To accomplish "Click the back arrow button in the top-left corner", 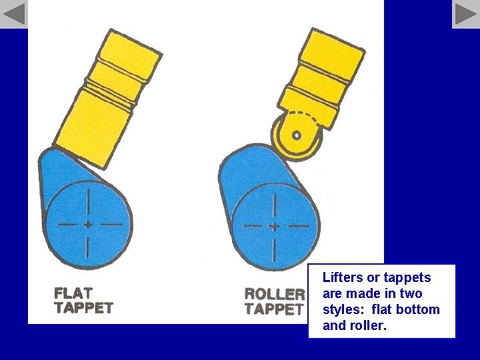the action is pos(13,14).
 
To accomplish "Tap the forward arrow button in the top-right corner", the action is pos(466,14).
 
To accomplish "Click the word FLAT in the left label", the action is pos(73,293).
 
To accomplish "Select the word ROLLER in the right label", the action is pos(274,294).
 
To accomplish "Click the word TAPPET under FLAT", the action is pos(84,308).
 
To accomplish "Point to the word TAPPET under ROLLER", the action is pos(274,309).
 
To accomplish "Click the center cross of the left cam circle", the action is pos(87,225).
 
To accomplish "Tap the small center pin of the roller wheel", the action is pos(297,135).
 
